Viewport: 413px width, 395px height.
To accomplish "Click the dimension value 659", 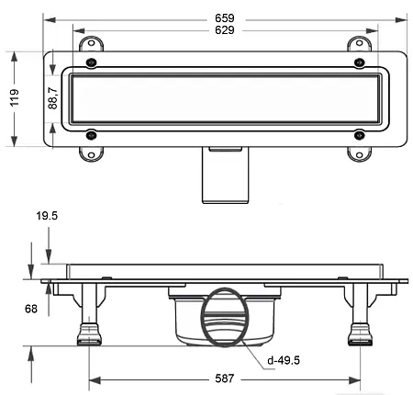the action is click(225, 18).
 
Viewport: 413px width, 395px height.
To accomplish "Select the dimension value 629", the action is click(225, 30).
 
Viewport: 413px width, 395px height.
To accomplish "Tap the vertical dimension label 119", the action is click(15, 97).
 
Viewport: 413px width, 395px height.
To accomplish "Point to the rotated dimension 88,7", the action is click(52, 98).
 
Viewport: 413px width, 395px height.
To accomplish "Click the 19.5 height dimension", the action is click(47, 216).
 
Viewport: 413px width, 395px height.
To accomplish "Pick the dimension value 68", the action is click(31, 309).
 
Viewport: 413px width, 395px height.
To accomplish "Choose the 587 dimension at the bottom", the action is click(225, 378).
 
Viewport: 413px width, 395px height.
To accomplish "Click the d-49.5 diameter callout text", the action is click(284, 360).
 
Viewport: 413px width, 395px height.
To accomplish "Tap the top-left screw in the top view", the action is click(91, 62).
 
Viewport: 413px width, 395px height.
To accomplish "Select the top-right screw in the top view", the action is click(360, 62).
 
